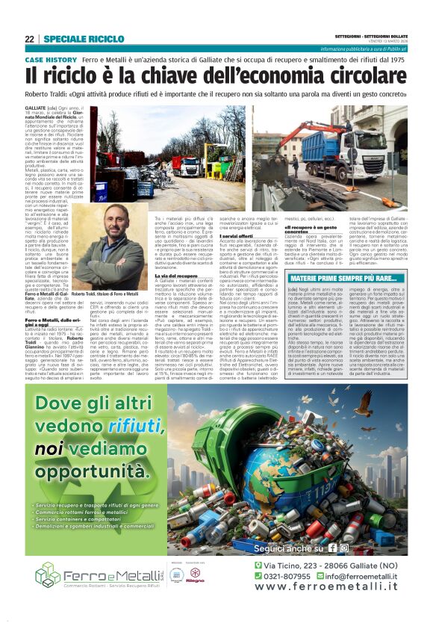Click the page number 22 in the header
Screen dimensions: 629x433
(29, 39)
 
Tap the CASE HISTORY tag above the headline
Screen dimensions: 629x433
(51, 59)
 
